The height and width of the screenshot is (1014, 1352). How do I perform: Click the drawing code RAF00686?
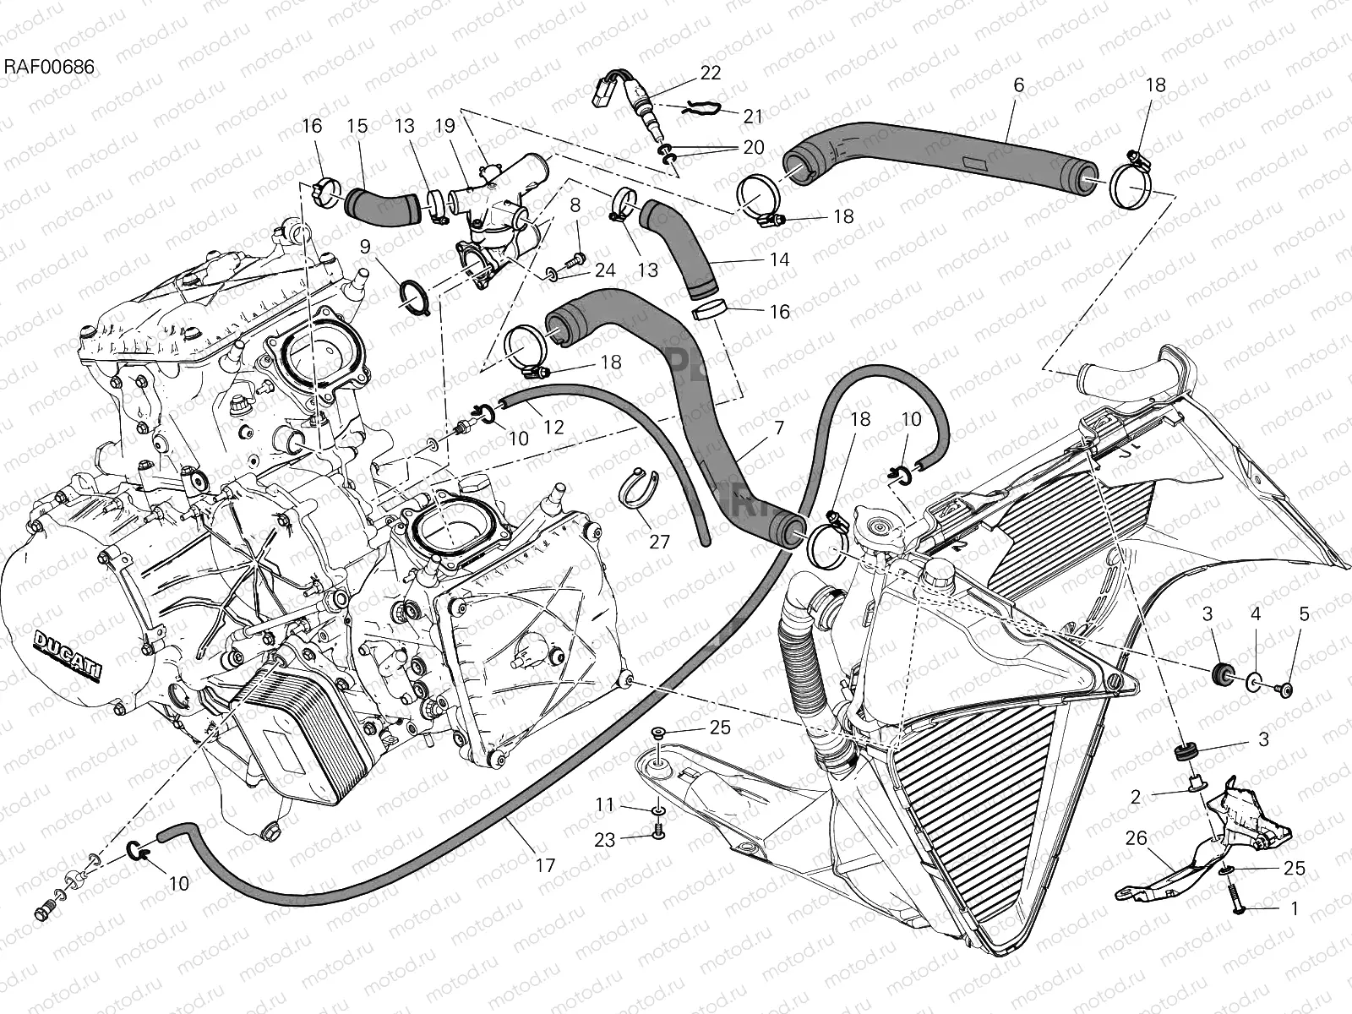click(x=48, y=65)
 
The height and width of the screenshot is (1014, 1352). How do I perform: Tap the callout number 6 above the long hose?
click(x=1018, y=84)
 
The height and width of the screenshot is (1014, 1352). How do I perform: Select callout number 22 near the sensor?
click(x=711, y=73)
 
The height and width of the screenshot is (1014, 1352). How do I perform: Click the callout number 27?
click(x=659, y=541)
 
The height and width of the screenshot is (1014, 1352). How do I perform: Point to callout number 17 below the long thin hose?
click(x=545, y=865)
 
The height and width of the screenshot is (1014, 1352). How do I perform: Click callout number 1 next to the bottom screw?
click(x=1293, y=909)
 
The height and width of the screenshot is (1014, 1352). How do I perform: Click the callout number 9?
click(x=365, y=247)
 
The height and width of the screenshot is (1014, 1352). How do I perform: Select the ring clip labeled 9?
click(x=414, y=297)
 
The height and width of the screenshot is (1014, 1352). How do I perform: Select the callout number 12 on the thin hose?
click(x=553, y=428)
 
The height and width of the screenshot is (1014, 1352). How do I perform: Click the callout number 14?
click(x=779, y=259)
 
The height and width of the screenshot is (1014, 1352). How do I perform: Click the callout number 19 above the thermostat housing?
click(x=445, y=127)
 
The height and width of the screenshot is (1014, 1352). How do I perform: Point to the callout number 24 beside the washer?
click(x=604, y=270)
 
